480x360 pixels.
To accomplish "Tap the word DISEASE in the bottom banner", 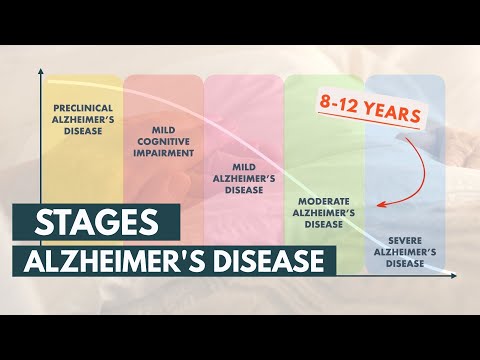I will pos(271,261).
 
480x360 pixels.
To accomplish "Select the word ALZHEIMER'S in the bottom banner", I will pos(127,261).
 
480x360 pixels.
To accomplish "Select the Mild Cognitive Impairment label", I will pos(164,142).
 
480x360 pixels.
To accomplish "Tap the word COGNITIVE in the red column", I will pos(164,142).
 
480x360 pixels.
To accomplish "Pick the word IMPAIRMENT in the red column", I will pos(164,152).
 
